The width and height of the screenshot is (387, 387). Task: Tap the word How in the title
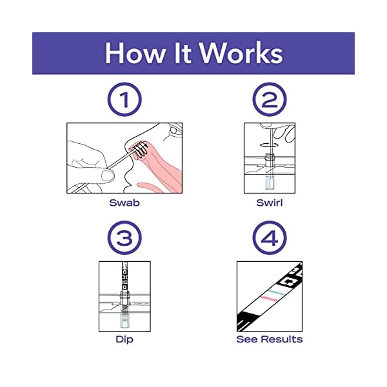[x=133, y=53]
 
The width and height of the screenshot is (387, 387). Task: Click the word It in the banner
[x=181, y=53]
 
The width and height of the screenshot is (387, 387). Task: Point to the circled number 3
[x=124, y=240]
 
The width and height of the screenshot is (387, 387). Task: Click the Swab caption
[x=124, y=202]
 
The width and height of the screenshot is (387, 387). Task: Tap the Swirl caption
[x=269, y=202]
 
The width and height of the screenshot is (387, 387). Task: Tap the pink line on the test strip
[x=266, y=297]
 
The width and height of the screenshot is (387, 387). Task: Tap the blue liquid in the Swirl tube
[x=269, y=185]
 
